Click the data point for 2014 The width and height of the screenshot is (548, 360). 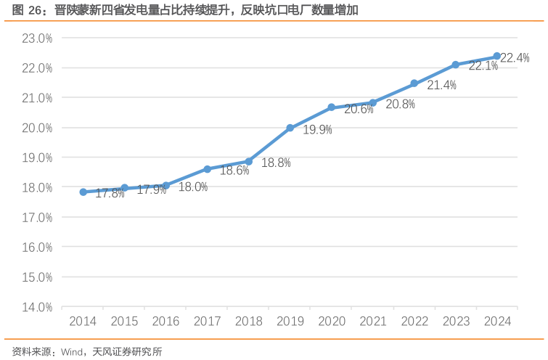click(x=83, y=192)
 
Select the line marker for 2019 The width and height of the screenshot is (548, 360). click(x=290, y=128)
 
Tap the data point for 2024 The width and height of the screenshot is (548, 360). click(x=497, y=56)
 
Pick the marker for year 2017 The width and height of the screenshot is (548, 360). click(x=208, y=169)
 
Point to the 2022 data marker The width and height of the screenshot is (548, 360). click(x=414, y=83)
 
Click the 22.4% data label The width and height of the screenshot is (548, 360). click(x=515, y=58)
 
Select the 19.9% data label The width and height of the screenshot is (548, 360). click(x=317, y=130)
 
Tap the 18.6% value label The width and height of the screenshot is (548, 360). click(x=234, y=171)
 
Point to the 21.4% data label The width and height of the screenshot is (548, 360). click(x=441, y=86)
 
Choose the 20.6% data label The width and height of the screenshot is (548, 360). click(x=359, y=110)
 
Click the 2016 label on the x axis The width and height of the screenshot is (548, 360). click(x=166, y=322)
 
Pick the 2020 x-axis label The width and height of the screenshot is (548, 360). click(x=332, y=322)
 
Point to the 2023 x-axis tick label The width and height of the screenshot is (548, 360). click(x=456, y=322)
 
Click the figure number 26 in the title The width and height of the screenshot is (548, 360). click(x=35, y=10)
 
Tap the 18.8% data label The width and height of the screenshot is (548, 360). click(x=276, y=163)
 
